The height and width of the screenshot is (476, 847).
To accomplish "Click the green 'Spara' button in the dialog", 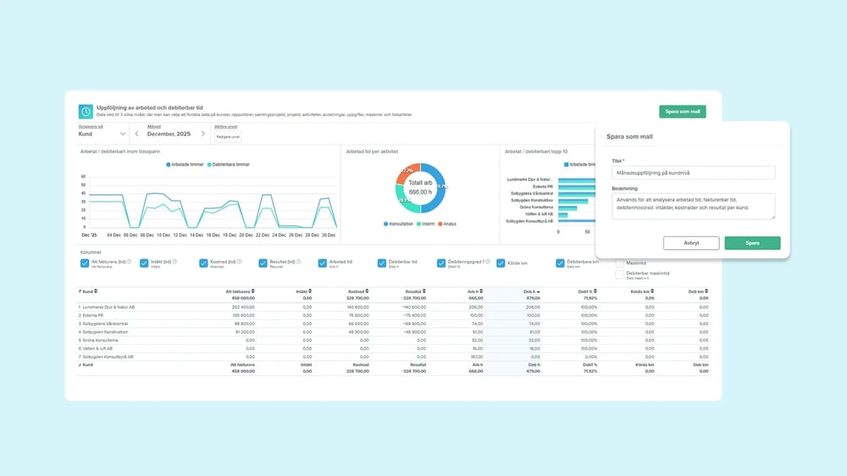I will tap(752, 243).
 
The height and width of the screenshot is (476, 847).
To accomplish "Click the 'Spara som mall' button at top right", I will tap(682, 112).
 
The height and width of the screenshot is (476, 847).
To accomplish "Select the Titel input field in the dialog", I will tap(693, 173).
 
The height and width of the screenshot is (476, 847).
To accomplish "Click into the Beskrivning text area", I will tap(693, 206).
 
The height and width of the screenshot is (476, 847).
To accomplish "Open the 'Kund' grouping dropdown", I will tap(102, 134).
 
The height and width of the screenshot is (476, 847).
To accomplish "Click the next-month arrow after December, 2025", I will tap(203, 134).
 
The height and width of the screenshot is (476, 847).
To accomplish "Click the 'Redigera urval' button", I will tap(228, 136).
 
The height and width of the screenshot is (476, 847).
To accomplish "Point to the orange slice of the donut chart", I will tap(407, 172).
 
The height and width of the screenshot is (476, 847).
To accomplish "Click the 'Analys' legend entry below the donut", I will tap(447, 224).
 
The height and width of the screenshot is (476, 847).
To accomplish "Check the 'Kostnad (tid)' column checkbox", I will tap(203, 263).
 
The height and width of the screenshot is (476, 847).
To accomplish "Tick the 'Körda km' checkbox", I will tap(501, 263).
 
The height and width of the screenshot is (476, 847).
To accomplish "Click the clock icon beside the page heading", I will tap(85, 111).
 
